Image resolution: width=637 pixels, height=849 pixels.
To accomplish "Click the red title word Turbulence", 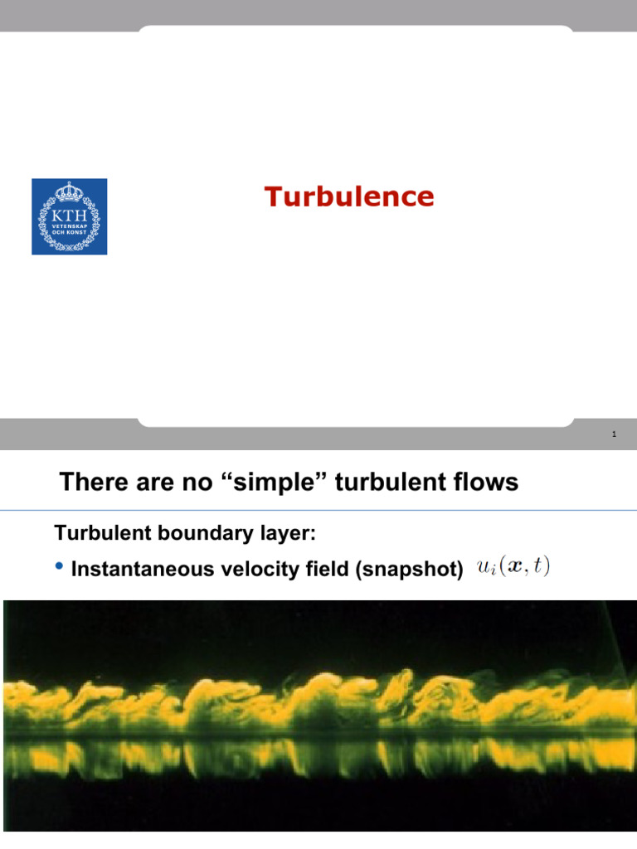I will (x=349, y=197).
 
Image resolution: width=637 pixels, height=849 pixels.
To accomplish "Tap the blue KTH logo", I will (x=70, y=217).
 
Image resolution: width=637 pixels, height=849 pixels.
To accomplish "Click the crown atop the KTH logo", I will (x=70, y=194).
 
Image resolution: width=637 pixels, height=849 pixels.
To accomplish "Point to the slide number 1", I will (x=613, y=434).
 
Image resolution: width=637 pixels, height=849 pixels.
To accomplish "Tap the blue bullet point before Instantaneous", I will (x=59, y=567).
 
